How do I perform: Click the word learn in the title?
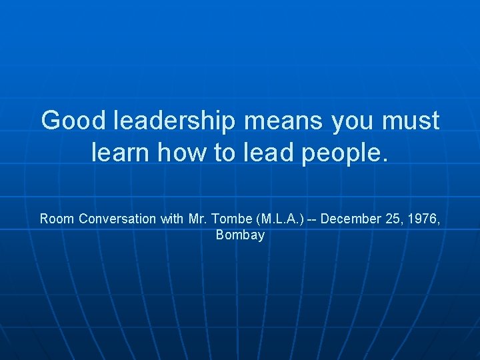click(119, 153)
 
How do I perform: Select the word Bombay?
click(240, 235)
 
